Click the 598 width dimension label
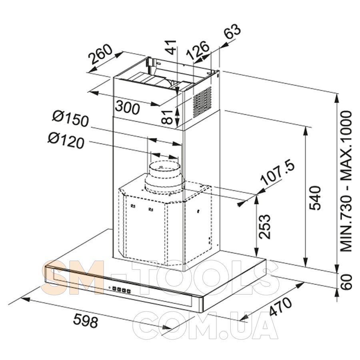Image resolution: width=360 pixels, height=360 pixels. (86, 320)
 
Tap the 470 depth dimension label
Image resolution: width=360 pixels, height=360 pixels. (280, 307)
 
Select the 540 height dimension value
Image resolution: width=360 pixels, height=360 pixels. (315, 198)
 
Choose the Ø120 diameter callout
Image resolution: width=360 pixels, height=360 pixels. (66, 141)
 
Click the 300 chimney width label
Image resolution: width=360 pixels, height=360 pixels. (128, 108)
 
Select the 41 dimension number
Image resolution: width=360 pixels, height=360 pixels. (171, 47)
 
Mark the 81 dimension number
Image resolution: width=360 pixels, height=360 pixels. (167, 117)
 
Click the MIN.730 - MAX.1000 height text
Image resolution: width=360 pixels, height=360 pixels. (346, 181)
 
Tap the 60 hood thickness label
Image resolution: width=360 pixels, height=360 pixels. (346, 282)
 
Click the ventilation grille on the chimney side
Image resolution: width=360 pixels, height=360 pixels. (202, 102)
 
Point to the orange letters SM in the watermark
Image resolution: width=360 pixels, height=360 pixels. (74, 278)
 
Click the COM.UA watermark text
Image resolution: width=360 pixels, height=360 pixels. (205, 326)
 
